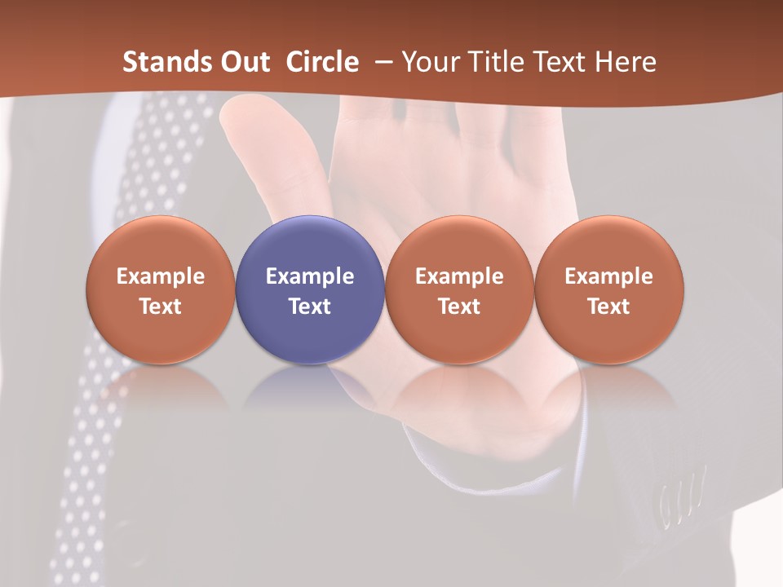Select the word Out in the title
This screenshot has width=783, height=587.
246,62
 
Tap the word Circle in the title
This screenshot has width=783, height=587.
321,62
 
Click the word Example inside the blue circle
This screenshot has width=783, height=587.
310,276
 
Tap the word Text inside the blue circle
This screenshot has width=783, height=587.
310,307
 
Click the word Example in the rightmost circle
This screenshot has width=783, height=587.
609,276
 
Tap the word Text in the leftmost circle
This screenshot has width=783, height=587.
160,307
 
